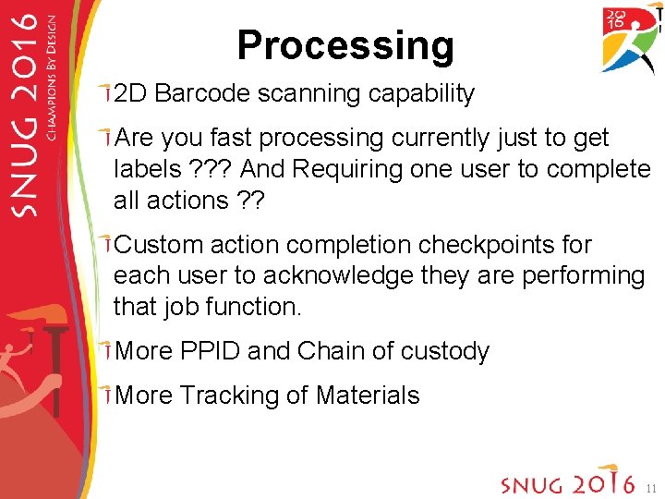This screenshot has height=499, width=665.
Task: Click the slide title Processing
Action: point(345,45)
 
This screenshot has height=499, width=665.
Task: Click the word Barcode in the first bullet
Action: point(205,93)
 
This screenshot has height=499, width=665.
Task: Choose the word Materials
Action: point(367,396)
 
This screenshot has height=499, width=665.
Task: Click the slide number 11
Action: point(650,487)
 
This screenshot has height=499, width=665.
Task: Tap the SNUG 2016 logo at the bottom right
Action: point(566,481)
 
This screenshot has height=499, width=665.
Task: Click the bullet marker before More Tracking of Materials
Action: point(108,396)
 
